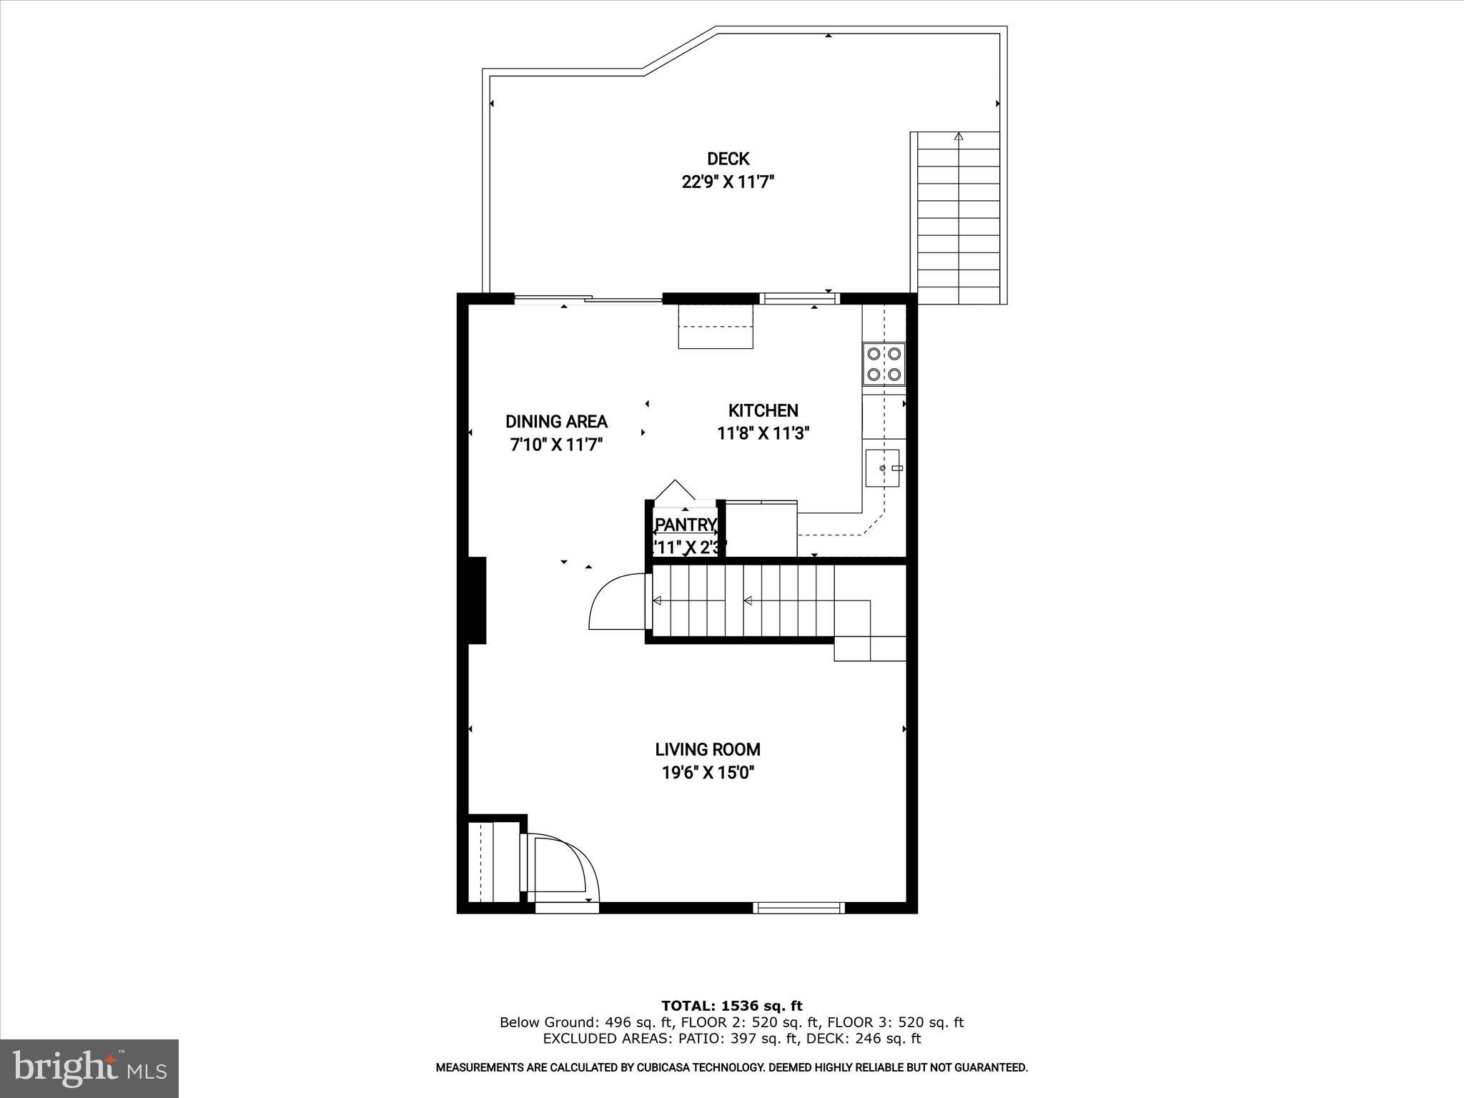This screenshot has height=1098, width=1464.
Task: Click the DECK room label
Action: click(x=728, y=159)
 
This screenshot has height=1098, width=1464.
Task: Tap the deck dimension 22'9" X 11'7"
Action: click(x=728, y=182)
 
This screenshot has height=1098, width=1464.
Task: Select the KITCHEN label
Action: click(x=763, y=410)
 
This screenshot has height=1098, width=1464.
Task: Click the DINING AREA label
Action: click(x=556, y=422)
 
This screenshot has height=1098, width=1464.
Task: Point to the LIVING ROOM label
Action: click(x=708, y=749)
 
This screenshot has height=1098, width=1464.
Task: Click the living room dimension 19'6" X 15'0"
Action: click(x=708, y=773)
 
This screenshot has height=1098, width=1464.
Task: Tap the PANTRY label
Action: click(x=686, y=525)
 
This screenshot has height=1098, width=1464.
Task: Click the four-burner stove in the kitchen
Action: click(x=884, y=363)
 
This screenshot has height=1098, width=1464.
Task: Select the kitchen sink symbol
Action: click(x=883, y=468)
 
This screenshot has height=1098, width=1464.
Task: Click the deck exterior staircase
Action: click(x=958, y=218)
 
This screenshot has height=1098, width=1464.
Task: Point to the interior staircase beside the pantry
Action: click(x=743, y=600)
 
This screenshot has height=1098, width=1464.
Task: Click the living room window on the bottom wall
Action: click(x=799, y=908)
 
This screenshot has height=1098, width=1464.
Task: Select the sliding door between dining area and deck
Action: click(x=588, y=299)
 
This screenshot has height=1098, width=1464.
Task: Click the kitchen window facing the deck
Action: click(x=798, y=299)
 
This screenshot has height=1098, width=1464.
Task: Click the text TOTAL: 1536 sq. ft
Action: click(x=731, y=1006)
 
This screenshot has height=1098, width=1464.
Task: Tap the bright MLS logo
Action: click(x=89, y=1068)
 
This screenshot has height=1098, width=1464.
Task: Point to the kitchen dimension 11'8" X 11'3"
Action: click(x=763, y=433)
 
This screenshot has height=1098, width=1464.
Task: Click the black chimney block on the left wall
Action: click(x=477, y=600)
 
